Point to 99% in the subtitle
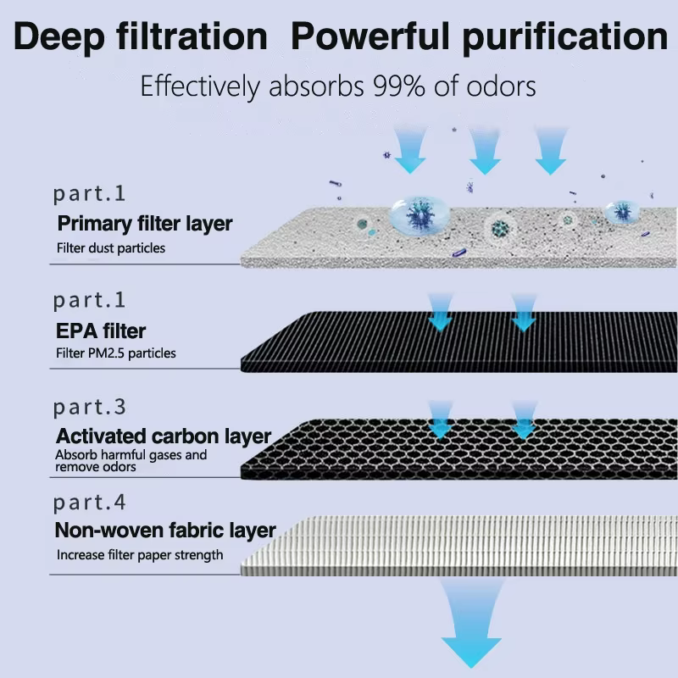click(399, 86)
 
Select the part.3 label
click(90, 408)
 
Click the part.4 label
click(90, 503)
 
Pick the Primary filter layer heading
click(145, 224)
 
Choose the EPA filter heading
click(101, 331)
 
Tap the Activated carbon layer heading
click(164, 436)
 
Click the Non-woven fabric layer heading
click(165, 531)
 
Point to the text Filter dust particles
click(111, 248)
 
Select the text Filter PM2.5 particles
click(116, 353)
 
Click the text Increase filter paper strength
click(140, 555)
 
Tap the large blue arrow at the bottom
click(471, 623)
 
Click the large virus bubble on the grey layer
click(420, 214)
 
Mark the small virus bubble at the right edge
click(622, 212)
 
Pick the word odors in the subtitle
click(501, 86)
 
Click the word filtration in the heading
click(192, 36)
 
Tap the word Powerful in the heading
click(370, 36)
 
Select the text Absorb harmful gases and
click(131, 455)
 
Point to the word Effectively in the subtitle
click(200, 86)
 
